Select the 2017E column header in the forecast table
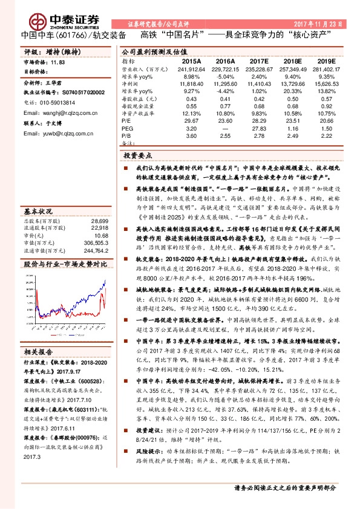[x=259, y=61]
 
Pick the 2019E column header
[x=325, y=61]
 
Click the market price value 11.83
[x=57, y=62]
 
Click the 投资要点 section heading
[x=137, y=155]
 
